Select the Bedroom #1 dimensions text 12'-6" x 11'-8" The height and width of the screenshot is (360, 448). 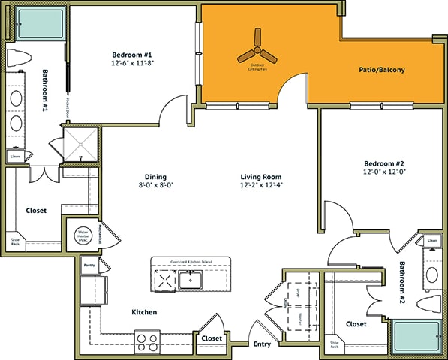point(132,64)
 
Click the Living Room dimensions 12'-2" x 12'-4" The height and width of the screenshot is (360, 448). point(261,184)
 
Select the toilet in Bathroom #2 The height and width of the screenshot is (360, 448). point(428,305)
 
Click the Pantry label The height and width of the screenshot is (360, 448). point(89,265)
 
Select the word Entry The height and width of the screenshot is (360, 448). point(261,344)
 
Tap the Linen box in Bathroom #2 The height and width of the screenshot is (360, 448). point(431,241)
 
